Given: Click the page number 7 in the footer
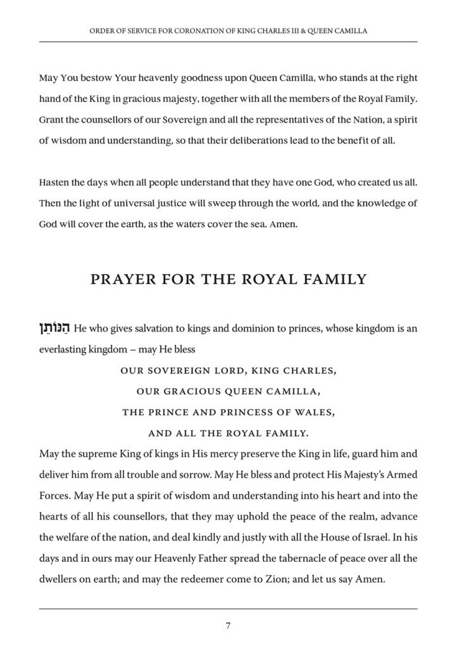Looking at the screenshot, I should pos(228,626).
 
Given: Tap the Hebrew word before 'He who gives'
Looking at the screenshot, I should pos(54,328).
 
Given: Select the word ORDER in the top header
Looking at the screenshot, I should pos(103,30).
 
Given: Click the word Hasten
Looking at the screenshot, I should pos(54,182).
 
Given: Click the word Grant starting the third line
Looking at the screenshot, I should pos(52,120).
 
